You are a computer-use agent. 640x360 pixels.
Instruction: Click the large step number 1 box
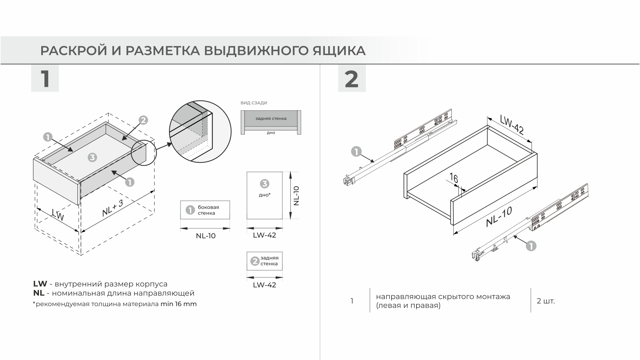tap(45, 79)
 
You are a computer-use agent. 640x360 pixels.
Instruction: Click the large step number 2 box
tap(352, 79)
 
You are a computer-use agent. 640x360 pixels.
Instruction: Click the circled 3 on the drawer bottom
tap(92, 157)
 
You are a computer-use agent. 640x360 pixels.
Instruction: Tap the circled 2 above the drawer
tap(143, 120)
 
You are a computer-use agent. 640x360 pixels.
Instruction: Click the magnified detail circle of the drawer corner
tap(200, 131)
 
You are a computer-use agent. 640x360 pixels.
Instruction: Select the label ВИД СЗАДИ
tap(254, 103)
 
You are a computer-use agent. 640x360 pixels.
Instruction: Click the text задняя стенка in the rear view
tap(271, 118)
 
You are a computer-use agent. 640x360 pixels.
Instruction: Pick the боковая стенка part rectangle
tap(205, 210)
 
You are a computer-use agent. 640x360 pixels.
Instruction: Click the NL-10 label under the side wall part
tap(206, 236)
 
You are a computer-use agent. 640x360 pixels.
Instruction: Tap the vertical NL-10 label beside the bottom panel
tap(296, 196)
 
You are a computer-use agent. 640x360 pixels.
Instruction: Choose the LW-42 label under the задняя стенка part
tap(264, 285)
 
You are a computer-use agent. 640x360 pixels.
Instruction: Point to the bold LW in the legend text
tap(40, 284)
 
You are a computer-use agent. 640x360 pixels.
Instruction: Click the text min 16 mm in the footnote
tap(179, 304)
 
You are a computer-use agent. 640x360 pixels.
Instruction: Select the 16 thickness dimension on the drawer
tap(454, 178)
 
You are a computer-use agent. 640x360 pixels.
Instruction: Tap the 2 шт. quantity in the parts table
tap(546, 301)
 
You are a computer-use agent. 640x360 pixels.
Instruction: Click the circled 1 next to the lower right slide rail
tap(531, 246)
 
